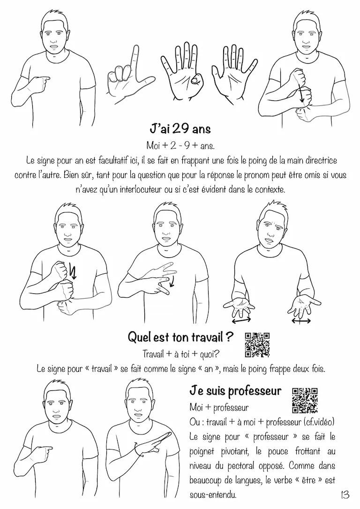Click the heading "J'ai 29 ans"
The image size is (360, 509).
coord(180,129)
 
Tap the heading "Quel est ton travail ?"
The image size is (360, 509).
coord(180,337)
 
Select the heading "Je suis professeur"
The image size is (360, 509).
coord(235,391)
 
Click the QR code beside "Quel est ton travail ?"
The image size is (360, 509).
coord(257,345)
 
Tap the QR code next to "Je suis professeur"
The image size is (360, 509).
coord(305,400)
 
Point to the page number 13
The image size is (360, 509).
coord(345,495)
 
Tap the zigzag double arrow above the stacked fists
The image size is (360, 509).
coord(73,270)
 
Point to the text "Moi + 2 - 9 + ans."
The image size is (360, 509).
coord(180,146)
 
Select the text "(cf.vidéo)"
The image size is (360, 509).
coord(320,422)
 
